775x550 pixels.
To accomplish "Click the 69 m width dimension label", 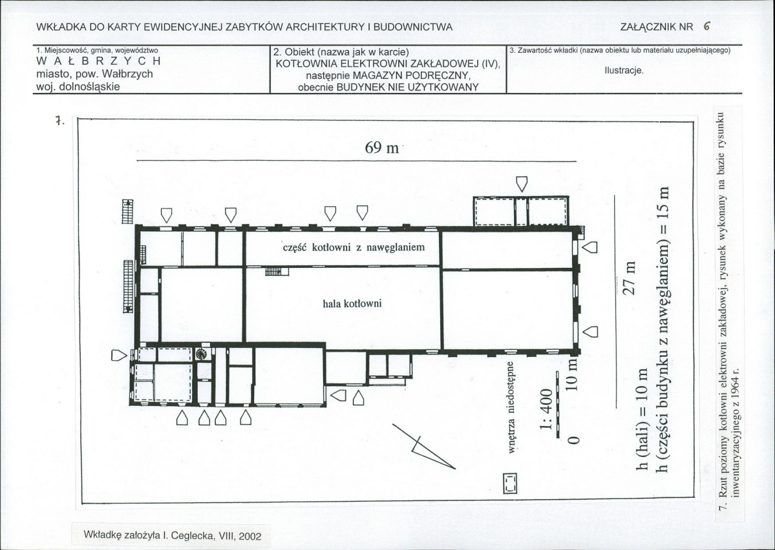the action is point(381,147).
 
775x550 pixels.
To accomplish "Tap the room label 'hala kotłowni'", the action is point(352,303).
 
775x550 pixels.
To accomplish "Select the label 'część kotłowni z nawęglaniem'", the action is point(354,247).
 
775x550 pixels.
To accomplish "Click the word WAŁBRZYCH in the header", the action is point(99,61).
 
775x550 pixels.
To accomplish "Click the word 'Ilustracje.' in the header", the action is point(624,70).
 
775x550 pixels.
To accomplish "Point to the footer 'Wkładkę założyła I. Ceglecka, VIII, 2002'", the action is point(173,535).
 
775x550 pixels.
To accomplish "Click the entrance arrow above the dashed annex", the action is point(522,184).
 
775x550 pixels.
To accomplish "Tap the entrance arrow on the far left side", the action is point(119,355).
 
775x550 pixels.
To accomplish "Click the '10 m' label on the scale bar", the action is point(571,376).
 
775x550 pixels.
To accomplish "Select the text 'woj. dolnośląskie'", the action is point(78,87).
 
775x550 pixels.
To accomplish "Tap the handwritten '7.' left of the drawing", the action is point(59,121).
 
